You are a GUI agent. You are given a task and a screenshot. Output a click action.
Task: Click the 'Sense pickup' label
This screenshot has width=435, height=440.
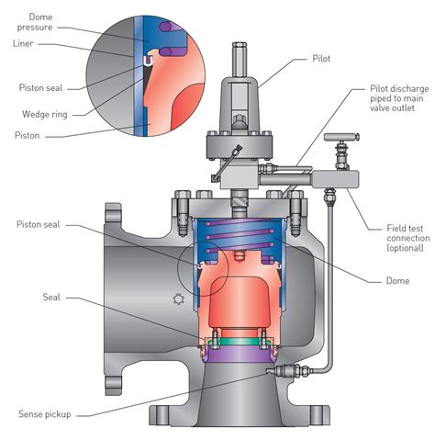click(43, 413)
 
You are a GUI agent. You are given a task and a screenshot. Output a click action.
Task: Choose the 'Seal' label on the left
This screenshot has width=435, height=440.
click(51, 297)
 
